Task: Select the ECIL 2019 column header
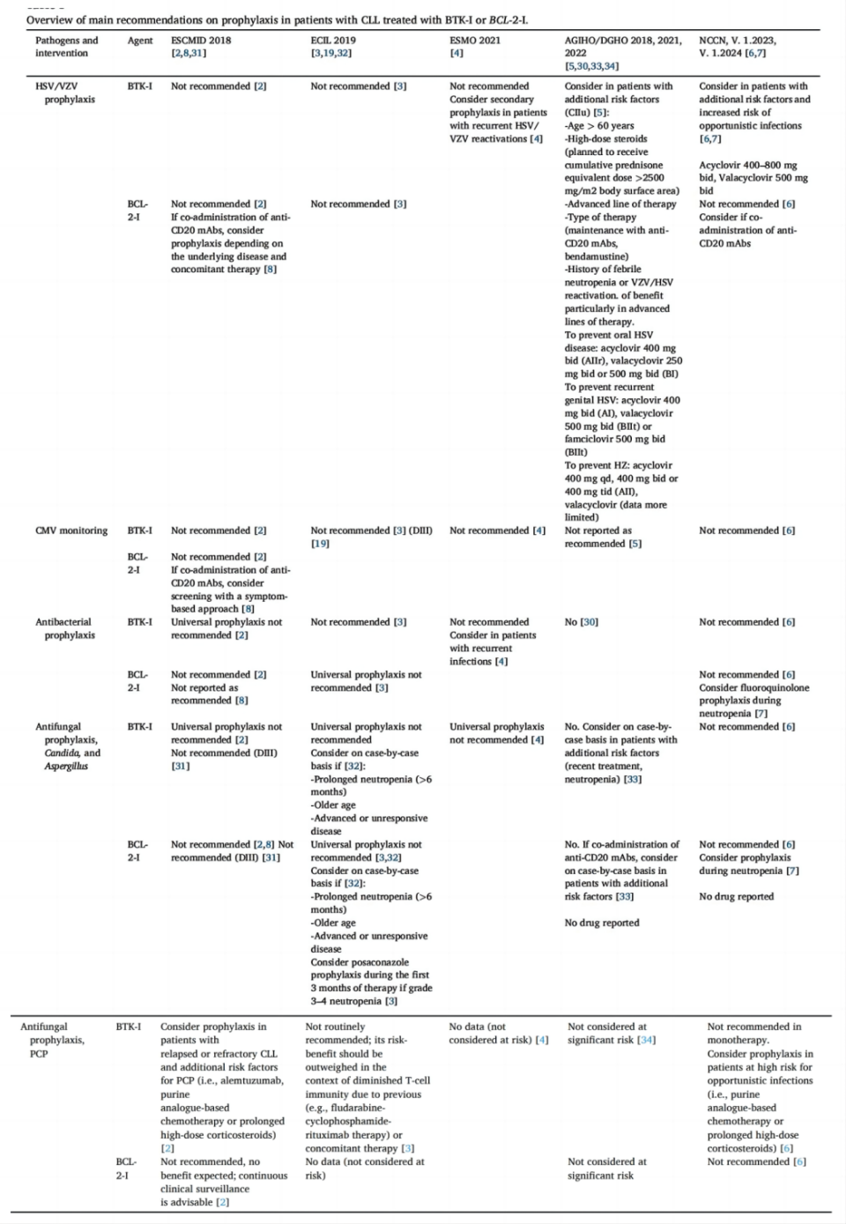coord(333,41)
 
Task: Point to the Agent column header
coord(140,41)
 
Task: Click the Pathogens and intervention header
coord(67,47)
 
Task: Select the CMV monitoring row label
coord(71,530)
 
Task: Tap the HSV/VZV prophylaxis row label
coord(63,93)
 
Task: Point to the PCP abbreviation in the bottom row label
coord(39,1054)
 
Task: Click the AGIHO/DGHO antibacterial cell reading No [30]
coord(582,622)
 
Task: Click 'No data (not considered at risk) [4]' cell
coord(498,1033)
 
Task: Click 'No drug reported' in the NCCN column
coord(736,896)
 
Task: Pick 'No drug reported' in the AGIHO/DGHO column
coord(602,923)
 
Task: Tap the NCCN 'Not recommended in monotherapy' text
coord(754,1033)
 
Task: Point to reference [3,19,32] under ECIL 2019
coord(331,54)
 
